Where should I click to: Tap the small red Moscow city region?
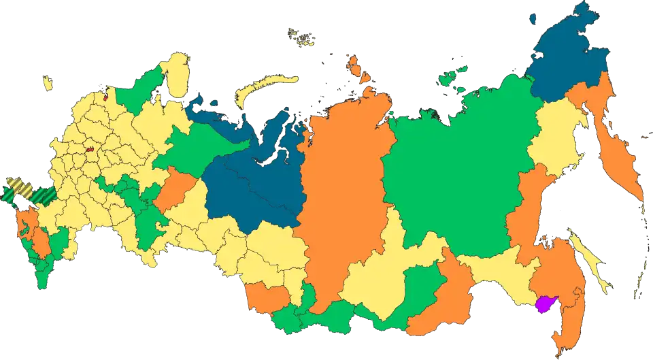(x=89, y=148)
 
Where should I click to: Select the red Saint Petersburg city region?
(x=105, y=96)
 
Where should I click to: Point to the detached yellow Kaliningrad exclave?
(x=48, y=84)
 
